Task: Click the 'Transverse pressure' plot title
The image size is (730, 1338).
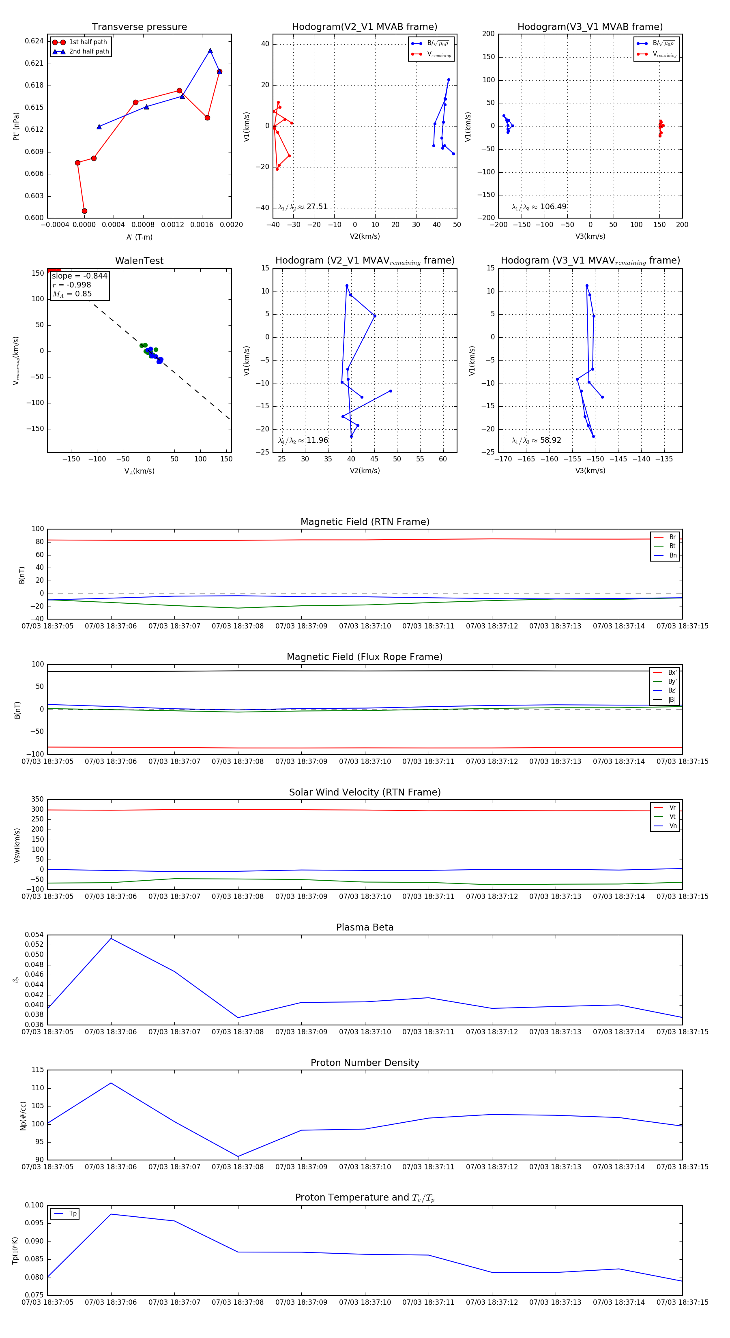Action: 139,27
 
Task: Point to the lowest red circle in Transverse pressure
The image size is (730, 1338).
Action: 85,211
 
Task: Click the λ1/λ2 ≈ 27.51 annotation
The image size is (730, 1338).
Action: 303,207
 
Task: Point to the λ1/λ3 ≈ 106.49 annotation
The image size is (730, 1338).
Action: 539,207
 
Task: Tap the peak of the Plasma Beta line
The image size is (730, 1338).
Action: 111,939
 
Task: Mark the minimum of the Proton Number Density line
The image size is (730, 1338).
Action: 238,1157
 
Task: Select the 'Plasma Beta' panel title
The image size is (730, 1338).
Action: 365,927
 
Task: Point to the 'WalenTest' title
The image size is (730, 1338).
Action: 139,261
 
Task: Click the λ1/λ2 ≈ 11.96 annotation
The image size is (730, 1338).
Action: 303,440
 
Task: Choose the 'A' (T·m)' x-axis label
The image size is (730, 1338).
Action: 139,237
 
